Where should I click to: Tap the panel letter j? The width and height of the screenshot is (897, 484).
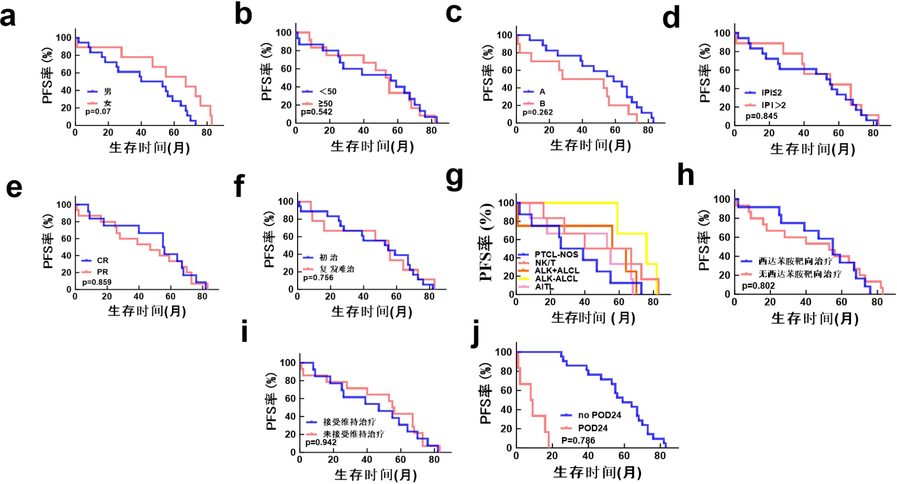476,334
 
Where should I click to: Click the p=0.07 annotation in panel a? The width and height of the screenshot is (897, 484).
98,112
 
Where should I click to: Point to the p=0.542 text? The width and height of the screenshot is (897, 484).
317,112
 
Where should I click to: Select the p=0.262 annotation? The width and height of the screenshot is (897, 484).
538,113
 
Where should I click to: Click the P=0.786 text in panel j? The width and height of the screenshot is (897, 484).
578,440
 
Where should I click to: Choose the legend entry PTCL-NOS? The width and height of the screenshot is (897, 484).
556,254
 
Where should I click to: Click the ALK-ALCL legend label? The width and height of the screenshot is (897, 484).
556,278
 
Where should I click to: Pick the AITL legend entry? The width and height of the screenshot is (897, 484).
544,287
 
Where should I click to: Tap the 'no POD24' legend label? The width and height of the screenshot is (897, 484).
599,415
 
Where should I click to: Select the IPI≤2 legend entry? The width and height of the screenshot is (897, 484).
771,92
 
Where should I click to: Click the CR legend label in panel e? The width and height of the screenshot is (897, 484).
103,260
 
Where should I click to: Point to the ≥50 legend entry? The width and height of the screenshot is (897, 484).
325,104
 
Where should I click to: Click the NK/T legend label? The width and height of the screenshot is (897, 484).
545,263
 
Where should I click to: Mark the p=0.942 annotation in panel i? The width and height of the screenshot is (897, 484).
321,442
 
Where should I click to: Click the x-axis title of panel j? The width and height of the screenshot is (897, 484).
598,472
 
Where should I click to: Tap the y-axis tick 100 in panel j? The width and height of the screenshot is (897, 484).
503,352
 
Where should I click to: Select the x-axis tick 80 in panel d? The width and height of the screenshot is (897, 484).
873,133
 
